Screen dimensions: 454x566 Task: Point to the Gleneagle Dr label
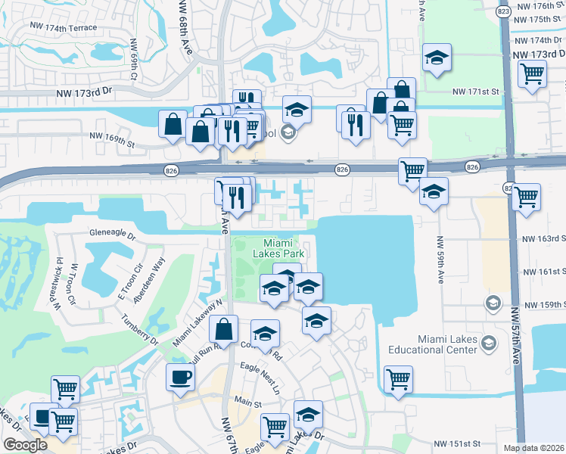pos(112,235)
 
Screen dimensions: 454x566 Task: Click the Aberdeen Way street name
pos(148,279)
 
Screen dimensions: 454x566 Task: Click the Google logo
pos(25,444)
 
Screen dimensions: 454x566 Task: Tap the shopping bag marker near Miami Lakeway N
pos(223,329)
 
